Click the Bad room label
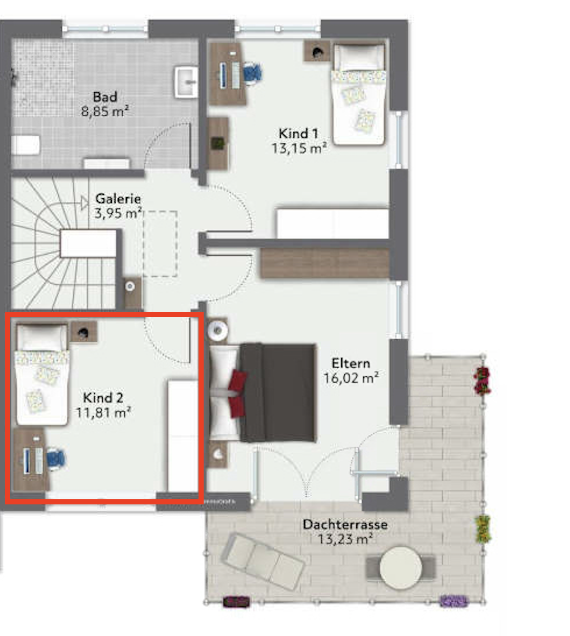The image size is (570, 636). [105, 97]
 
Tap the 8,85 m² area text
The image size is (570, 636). [105, 111]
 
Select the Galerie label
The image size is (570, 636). [118, 199]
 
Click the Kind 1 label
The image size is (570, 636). [298, 134]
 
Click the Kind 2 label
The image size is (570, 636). [103, 398]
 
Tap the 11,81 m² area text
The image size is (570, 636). [103, 413]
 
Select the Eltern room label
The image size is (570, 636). [350, 363]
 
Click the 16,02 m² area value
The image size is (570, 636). [350, 378]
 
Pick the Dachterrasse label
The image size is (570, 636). [345, 524]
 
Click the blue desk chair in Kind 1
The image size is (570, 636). [252, 73]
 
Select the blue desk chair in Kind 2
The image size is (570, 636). [56, 459]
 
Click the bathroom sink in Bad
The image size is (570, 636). [186, 81]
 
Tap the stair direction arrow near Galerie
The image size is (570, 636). [84, 203]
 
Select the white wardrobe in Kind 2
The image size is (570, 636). [183, 436]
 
